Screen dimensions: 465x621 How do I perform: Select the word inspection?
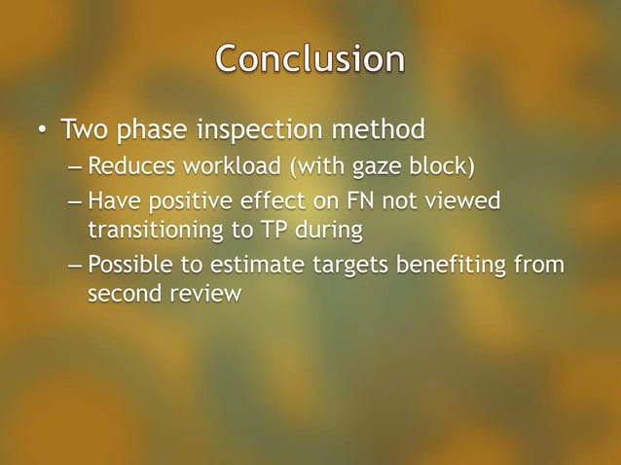click(x=257, y=128)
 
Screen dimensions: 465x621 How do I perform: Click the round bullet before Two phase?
click(x=43, y=129)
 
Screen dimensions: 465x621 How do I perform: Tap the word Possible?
click(x=127, y=264)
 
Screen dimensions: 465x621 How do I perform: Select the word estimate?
click(x=261, y=264)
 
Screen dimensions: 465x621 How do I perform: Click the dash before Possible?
click(x=75, y=264)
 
